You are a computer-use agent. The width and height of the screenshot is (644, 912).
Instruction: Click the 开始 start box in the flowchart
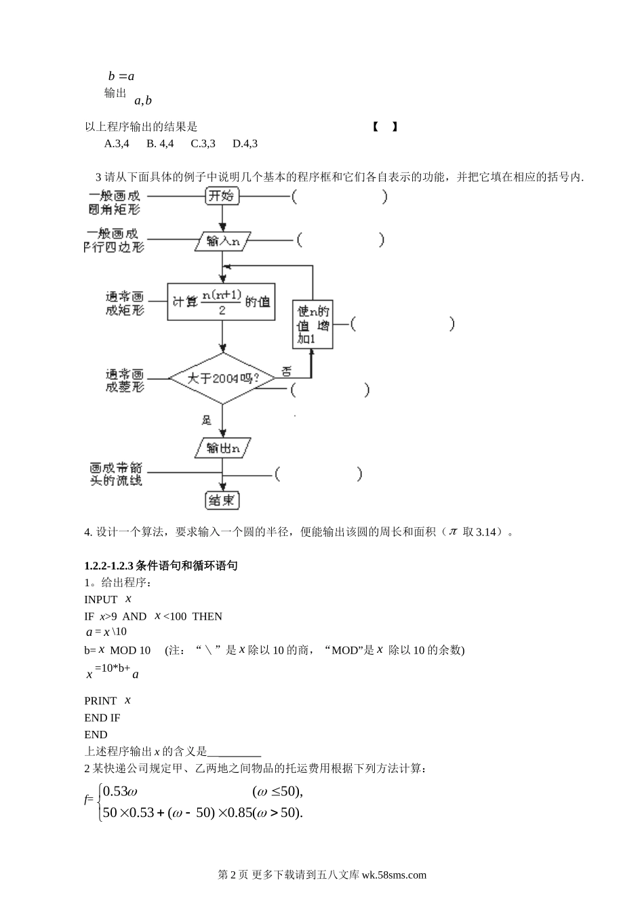click(x=222, y=196)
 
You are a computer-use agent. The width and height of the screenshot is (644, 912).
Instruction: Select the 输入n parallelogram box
click(x=222, y=240)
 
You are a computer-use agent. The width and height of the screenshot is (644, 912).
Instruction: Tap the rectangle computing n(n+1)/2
click(x=222, y=302)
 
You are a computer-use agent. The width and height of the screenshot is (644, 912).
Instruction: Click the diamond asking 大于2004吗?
click(x=222, y=378)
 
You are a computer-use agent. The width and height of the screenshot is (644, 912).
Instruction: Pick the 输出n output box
click(x=222, y=448)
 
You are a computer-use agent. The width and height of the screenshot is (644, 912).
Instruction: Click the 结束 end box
click(x=222, y=500)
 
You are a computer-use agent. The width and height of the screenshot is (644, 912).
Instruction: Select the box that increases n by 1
click(x=313, y=324)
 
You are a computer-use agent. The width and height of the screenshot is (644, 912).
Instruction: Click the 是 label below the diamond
click(x=207, y=420)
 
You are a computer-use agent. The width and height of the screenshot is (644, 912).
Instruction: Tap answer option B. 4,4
click(x=160, y=143)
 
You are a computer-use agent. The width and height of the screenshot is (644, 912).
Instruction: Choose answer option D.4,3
click(x=245, y=143)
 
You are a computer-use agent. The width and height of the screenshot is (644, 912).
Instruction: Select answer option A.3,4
click(x=117, y=143)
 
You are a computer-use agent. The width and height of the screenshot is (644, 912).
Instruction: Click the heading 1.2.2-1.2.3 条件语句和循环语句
click(x=161, y=565)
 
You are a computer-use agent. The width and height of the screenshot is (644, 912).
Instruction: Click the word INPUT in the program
click(x=101, y=599)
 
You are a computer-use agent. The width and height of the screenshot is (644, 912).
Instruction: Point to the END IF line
click(x=102, y=717)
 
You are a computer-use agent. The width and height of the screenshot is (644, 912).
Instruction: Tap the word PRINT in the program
click(x=100, y=700)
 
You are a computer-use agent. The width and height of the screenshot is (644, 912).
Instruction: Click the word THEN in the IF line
click(x=207, y=616)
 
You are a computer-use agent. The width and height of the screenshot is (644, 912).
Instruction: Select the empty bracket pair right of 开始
click(x=340, y=197)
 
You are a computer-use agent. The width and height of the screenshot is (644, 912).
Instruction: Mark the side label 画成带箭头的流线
click(x=116, y=474)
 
